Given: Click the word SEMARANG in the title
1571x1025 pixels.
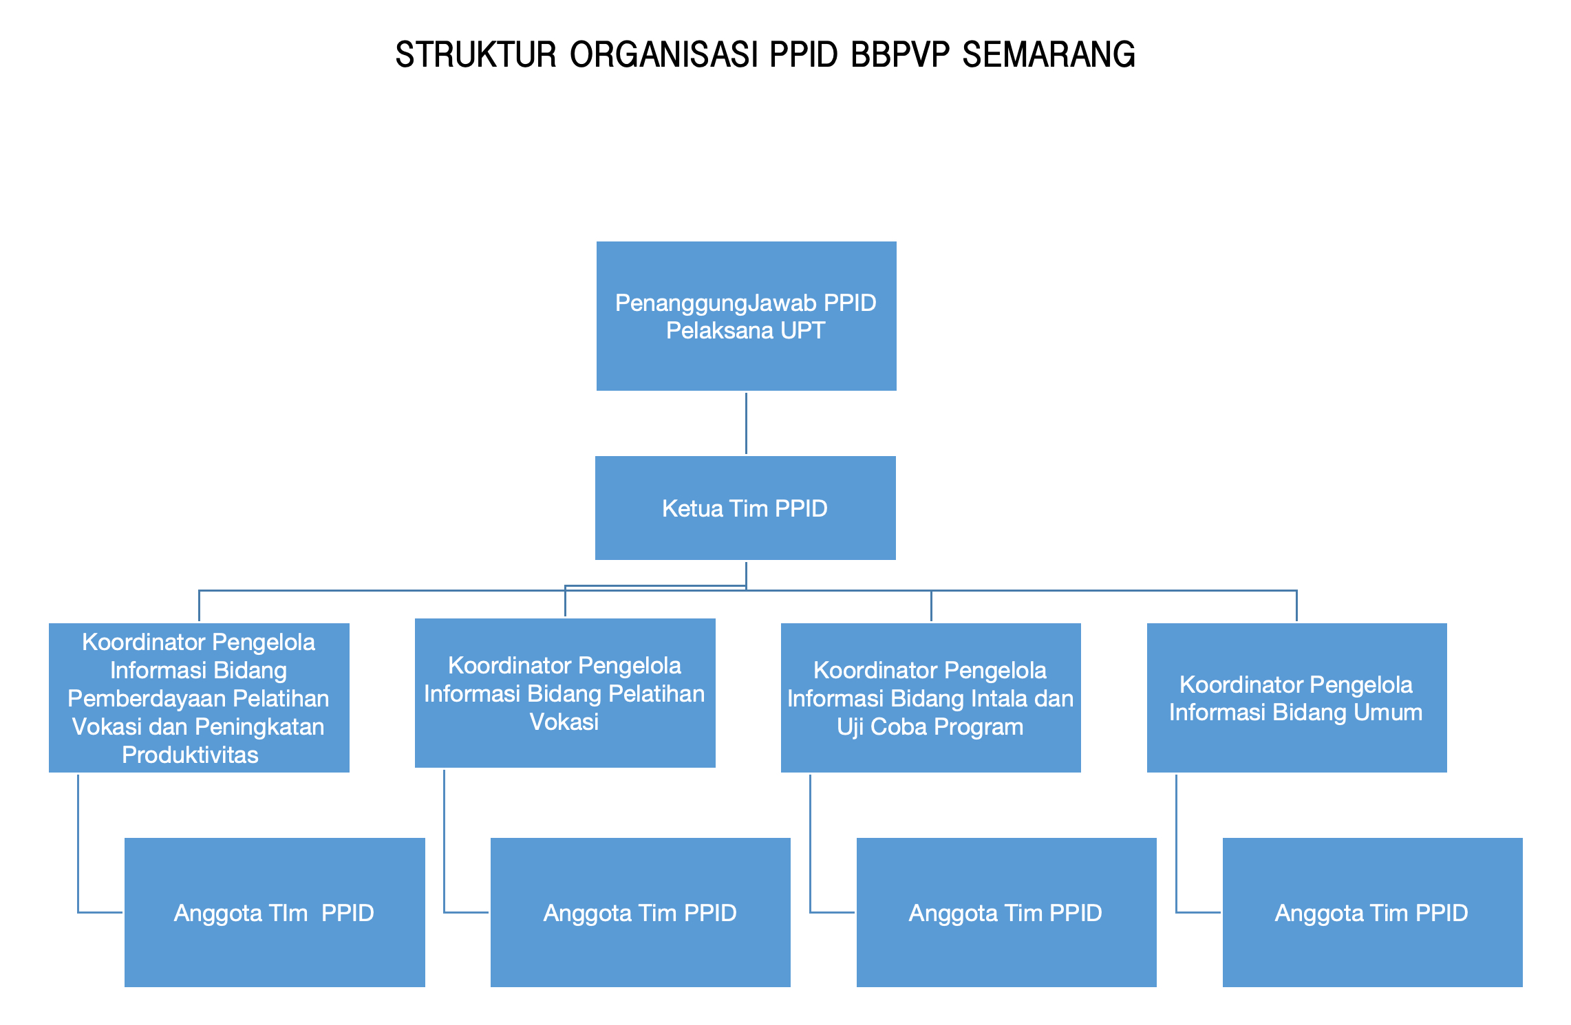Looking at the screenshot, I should point(1048,55).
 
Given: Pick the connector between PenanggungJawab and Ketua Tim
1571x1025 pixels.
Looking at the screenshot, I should point(746,423).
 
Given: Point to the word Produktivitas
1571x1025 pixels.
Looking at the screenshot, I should point(190,755).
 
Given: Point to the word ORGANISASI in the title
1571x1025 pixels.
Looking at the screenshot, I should point(663,55).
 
